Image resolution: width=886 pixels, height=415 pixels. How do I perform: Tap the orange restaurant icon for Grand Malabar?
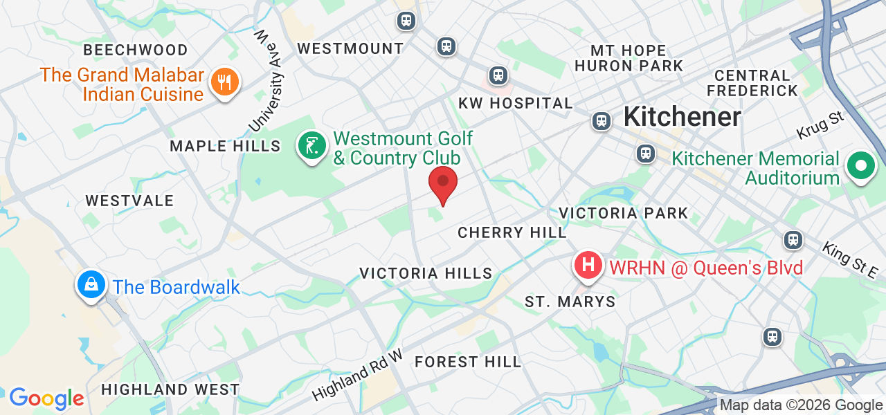224,82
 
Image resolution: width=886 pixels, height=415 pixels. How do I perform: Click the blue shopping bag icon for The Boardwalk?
91,284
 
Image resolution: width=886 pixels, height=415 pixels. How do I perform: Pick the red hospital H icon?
588,265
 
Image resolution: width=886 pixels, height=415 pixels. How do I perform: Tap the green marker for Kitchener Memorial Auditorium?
860,167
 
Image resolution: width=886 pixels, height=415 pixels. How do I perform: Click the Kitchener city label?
682,116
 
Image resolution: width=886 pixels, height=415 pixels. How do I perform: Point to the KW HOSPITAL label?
516,104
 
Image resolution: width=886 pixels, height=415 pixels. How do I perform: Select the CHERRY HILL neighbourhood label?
512,232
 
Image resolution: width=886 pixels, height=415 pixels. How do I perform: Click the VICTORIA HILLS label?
426,273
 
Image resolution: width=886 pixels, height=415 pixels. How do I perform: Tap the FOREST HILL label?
468,362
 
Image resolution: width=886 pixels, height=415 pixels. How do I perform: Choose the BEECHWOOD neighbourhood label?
136,50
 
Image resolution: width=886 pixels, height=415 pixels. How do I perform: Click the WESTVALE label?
129,201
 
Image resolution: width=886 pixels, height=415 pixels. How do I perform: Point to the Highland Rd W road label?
356,375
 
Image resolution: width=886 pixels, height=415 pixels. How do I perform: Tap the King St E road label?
849,260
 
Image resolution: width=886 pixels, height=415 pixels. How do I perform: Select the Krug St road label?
821,125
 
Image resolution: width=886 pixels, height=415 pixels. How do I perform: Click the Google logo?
46,398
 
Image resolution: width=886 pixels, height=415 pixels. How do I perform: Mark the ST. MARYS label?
570,302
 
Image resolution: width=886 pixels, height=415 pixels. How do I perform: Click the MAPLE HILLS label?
225,146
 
